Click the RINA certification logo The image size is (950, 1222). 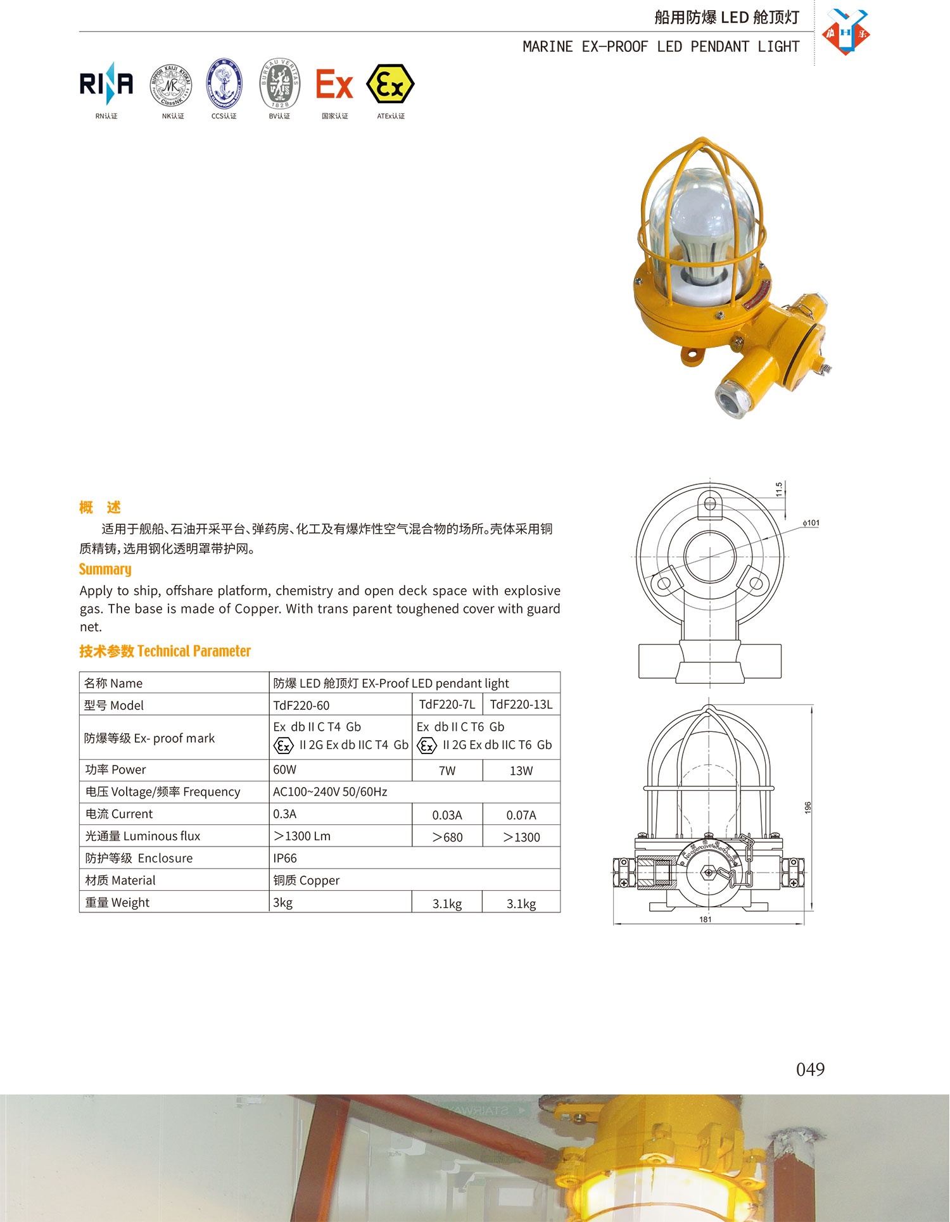click(106, 84)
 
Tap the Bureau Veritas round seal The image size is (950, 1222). click(279, 84)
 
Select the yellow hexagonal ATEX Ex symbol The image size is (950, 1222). click(390, 84)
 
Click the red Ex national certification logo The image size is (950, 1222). click(334, 85)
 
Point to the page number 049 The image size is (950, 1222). click(810, 1069)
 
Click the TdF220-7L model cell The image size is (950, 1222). click(447, 704)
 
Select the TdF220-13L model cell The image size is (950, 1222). click(521, 704)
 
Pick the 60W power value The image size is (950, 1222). click(285, 769)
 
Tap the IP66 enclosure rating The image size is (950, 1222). click(285, 858)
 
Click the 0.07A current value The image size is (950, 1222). click(521, 815)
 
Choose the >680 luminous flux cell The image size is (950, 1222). click(447, 837)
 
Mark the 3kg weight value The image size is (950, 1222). click(283, 902)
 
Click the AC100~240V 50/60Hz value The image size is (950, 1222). click(330, 791)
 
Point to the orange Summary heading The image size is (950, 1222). click(105, 569)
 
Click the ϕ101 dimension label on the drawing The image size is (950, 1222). click(811, 523)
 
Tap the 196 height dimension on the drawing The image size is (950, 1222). click(807, 808)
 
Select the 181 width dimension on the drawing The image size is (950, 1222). click(706, 919)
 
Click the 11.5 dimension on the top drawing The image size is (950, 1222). click(779, 489)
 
